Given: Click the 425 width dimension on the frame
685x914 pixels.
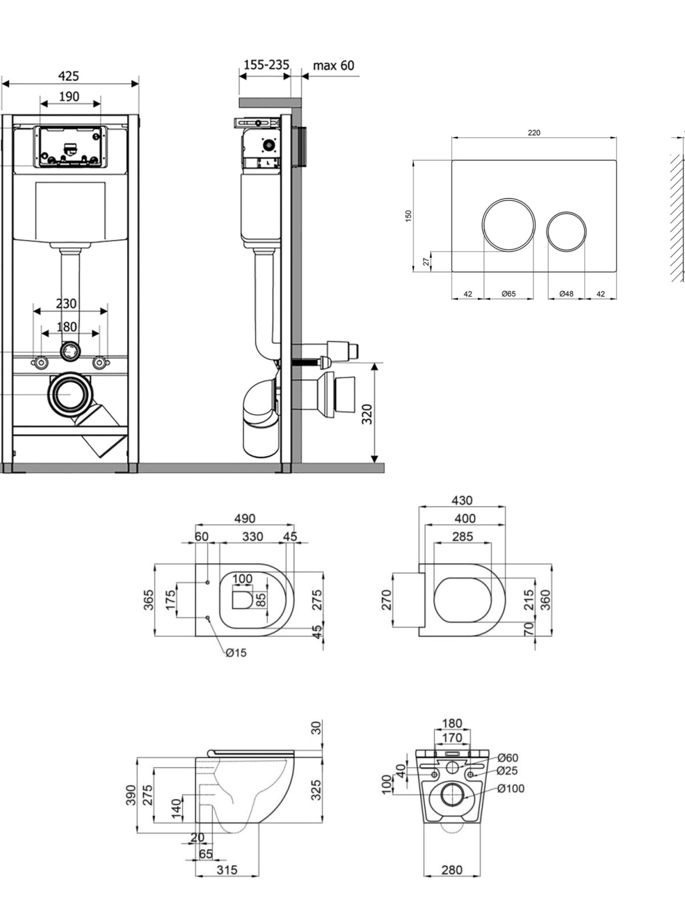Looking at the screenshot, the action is coord(68,76).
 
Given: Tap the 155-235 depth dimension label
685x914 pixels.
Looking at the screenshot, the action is coord(266,65).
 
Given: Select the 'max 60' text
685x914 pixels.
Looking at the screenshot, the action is coord(333,65).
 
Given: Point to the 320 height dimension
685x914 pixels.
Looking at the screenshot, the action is coord(367,414).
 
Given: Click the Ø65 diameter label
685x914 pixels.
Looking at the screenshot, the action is coord(508,294).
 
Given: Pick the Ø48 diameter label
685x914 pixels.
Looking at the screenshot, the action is coord(566,294).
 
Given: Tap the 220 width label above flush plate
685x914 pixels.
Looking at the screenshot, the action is coord(534,133).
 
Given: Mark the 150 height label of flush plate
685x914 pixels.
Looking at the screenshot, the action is coord(408,216).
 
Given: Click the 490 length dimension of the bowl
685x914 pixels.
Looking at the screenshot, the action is coord(244,519).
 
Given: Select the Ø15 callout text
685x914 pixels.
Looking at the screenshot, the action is coord(236,652).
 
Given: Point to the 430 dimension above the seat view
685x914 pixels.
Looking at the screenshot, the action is coord(462,500).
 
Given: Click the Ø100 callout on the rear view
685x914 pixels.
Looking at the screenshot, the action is coord(511,789).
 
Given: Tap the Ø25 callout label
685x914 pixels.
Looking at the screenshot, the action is coord(507,771).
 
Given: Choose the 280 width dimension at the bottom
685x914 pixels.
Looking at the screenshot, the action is coord(452,870).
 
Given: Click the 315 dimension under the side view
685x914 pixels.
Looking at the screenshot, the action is coord(227,870).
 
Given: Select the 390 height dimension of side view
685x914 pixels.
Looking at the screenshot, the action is coord(131,795).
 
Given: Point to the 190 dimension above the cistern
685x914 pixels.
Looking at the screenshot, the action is coord(69,97).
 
